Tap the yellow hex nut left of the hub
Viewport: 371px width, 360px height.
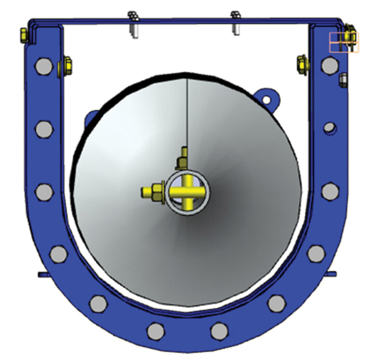point(157,191)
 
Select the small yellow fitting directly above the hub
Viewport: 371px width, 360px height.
point(183,157)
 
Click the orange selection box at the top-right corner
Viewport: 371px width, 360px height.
point(344,42)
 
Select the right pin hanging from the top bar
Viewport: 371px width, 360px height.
point(236,23)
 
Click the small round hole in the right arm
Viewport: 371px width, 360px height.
point(329,128)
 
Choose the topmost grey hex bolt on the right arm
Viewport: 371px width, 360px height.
point(329,64)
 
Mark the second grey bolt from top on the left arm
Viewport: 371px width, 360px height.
point(43,128)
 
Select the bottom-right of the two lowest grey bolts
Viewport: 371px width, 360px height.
point(219,331)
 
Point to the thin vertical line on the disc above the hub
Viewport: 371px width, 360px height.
point(186,116)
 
